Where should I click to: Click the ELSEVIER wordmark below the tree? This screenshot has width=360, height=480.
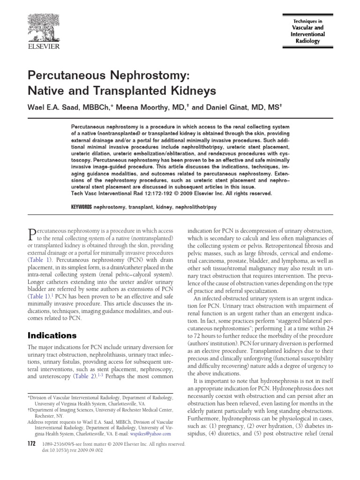(x=45, y=47)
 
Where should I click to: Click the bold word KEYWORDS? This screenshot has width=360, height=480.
(x=82, y=207)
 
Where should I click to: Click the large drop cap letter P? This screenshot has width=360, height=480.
(x=32, y=234)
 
